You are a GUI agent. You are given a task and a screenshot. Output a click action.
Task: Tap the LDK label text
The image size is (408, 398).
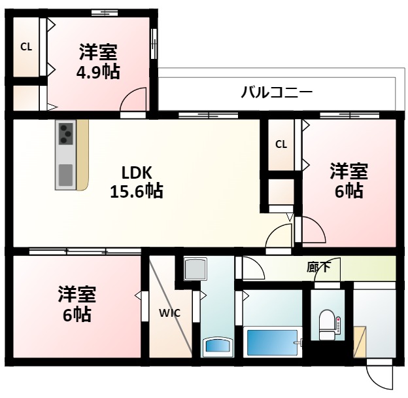pyautogui.click(x=137, y=173)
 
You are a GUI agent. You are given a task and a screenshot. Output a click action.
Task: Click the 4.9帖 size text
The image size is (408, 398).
pyautogui.click(x=98, y=72)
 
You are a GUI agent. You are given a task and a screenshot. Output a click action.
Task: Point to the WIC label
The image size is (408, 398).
pyautogui.click(x=169, y=312)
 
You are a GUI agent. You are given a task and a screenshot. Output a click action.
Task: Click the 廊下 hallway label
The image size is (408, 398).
pyautogui.click(x=318, y=267)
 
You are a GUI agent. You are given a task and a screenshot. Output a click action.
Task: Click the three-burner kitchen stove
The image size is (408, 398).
pyautogui.click(x=66, y=134)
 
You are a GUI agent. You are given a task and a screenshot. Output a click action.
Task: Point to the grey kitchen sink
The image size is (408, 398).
pyautogui.click(x=66, y=175)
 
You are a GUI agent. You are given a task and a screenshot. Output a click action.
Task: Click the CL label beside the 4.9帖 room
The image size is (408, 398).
pyautogui.click(x=25, y=46)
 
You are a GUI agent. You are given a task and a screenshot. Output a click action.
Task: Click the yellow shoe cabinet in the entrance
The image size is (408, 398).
pyautogui.click(x=360, y=341)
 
